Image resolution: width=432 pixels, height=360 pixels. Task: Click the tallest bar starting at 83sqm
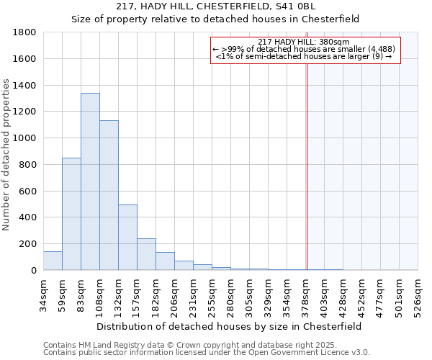pos(90,181)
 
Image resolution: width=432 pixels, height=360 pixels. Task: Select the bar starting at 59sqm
pos(71,214)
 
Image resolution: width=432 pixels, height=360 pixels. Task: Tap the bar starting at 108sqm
pos(109,195)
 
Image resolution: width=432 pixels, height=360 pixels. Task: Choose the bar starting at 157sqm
pos(146,254)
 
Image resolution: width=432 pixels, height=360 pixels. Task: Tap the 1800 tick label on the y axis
pos(26,32)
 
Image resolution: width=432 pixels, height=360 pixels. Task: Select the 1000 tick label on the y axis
pos(26,138)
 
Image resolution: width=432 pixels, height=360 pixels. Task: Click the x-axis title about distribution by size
pos(229,326)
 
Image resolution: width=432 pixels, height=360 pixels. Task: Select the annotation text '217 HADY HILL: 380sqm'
pos(303,42)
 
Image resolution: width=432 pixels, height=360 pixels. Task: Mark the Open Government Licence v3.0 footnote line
pos(207,352)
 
